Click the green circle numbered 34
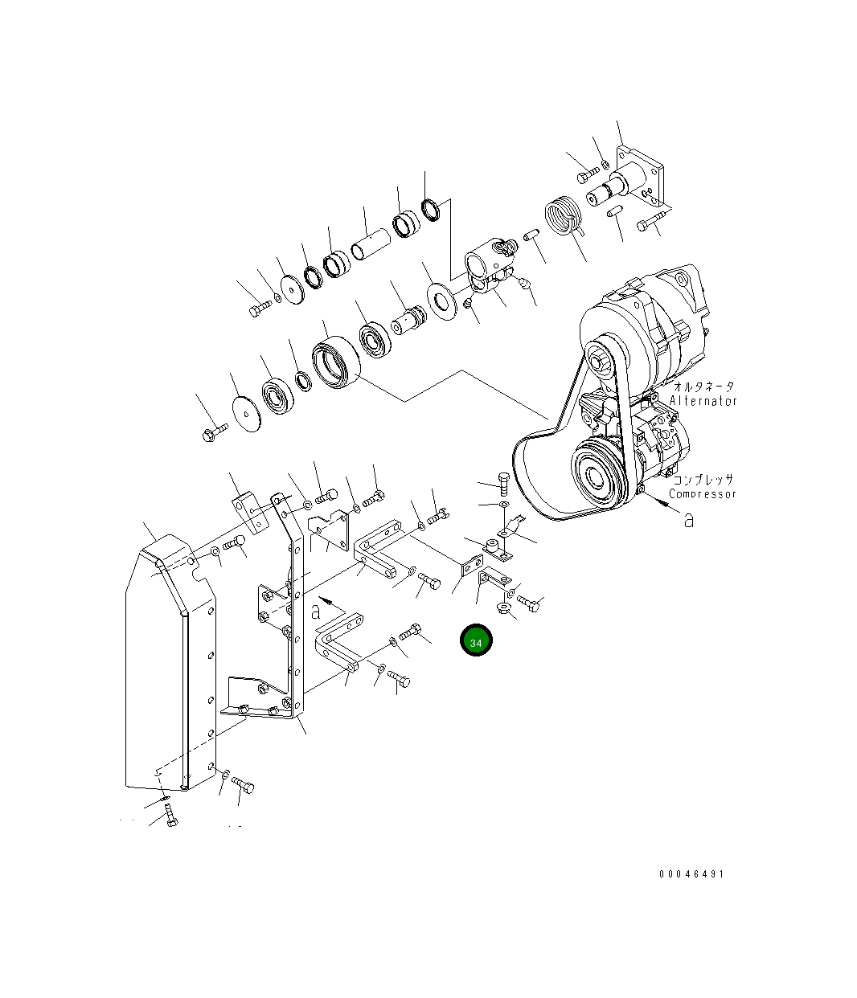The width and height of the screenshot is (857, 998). tap(475, 641)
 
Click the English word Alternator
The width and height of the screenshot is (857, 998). tap(703, 401)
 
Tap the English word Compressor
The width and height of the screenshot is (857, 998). tap(702, 494)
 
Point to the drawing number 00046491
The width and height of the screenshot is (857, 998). tap(691, 874)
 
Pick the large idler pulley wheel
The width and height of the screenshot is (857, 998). tap(337, 362)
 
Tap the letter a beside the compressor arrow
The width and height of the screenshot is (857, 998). tap(688, 520)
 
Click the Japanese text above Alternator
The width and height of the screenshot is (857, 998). tap(703, 387)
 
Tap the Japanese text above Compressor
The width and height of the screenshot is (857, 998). tap(702, 481)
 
